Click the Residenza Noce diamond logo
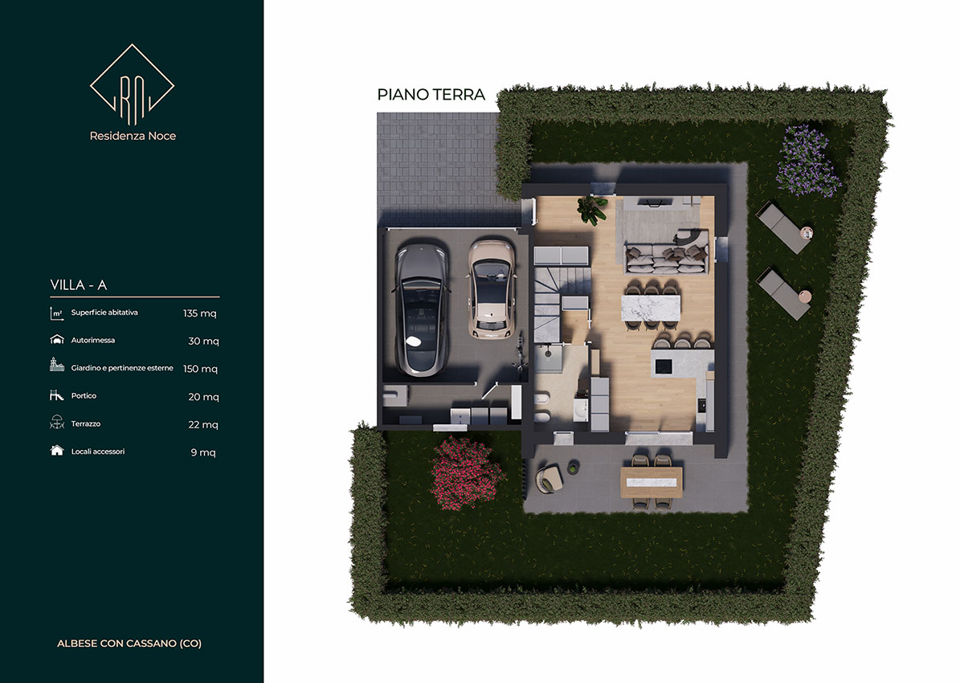(133, 84)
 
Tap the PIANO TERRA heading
(431, 94)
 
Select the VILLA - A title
(79, 284)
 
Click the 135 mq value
(199, 313)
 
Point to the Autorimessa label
(93, 340)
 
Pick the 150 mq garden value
(200, 369)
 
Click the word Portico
(84, 395)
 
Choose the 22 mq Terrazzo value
(203, 424)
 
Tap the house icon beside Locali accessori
(57, 451)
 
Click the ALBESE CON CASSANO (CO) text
(129, 643)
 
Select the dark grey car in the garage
(422, 309)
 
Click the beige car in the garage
(491, 289)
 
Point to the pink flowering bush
(467, 473)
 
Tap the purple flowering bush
(807, 161)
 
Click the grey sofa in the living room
(667, 252)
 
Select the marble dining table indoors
(651, 308)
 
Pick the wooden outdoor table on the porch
(652, 482)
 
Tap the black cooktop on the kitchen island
(664, 366)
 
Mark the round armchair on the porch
(549, 478)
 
